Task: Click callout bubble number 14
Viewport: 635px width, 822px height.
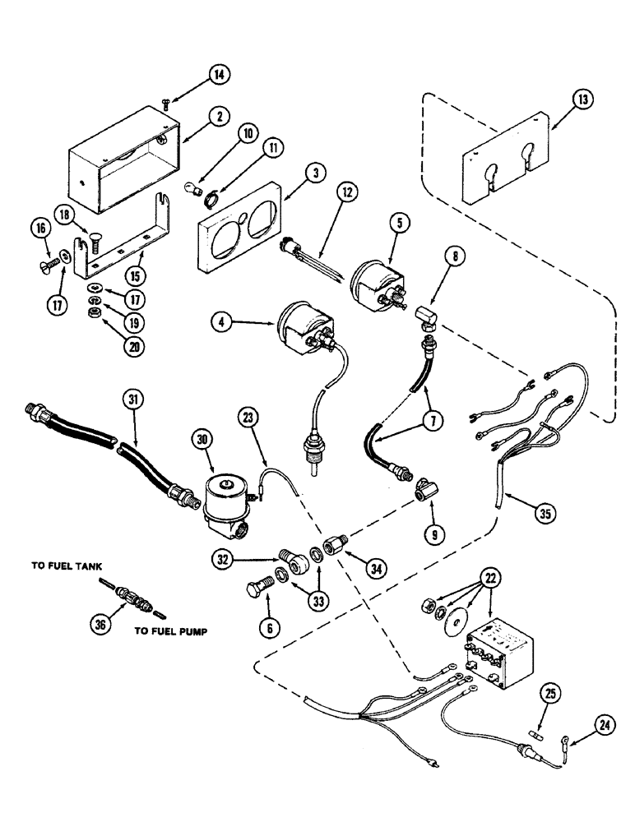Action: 218,75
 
